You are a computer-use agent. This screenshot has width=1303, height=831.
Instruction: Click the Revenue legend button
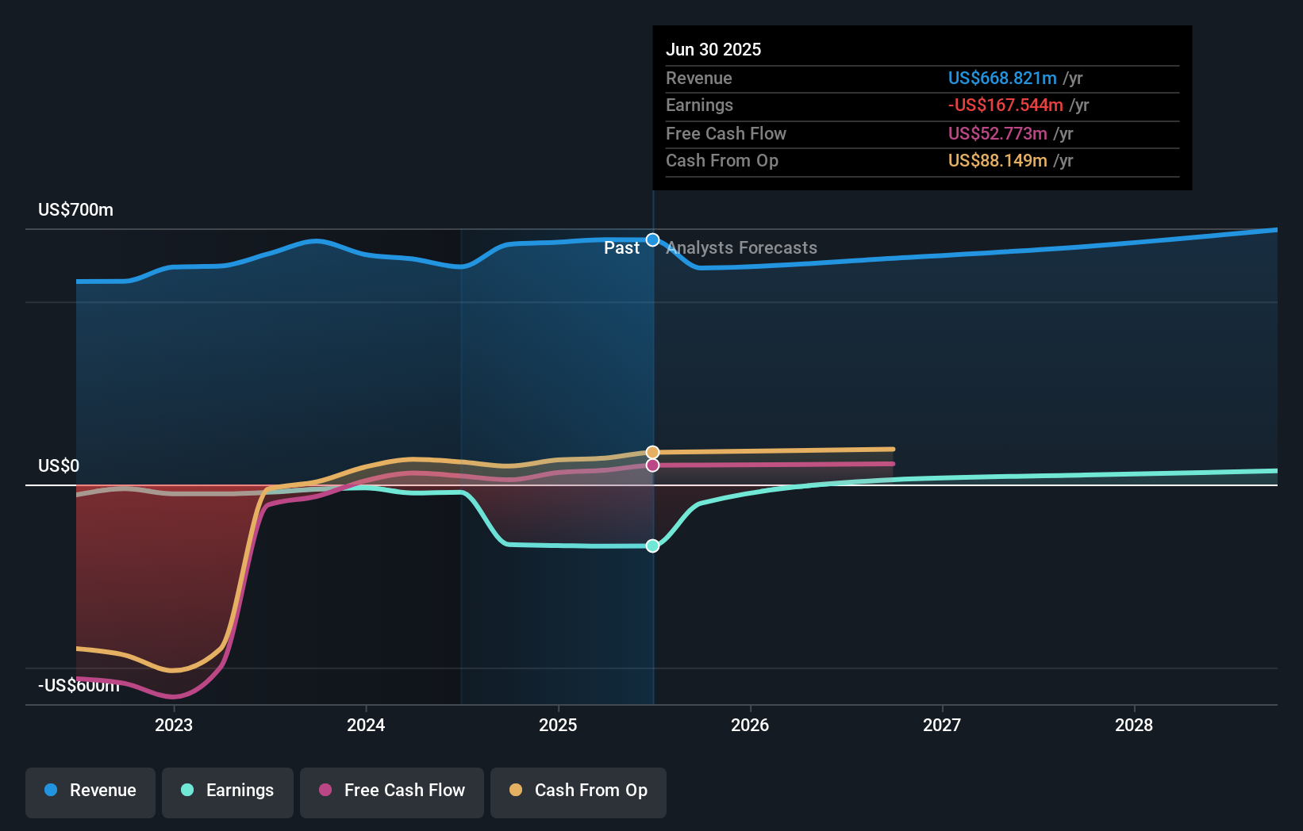(x=90, y=791)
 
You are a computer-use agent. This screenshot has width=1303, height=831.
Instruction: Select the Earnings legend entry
(x=228, y=791)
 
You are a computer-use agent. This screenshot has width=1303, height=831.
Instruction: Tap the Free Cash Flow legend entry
(x=392, y=791)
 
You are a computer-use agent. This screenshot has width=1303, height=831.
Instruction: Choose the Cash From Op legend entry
(x=578, y=791)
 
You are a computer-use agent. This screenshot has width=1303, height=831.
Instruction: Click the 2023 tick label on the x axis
(x=174, y=725)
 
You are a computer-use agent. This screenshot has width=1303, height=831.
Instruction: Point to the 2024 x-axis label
(x=366, y=725)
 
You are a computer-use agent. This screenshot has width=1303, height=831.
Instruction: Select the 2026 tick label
(x=750, y=725)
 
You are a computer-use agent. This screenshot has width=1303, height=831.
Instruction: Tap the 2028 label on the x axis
(x=1134, y=725)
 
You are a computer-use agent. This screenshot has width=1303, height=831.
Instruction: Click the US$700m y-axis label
(x=76, y=210)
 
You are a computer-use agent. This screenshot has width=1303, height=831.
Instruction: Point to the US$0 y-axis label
(x=59, y=466)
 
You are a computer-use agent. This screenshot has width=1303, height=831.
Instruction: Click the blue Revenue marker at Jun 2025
(x=652, y=239)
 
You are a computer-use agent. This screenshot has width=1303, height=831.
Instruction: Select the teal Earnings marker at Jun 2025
(x=652, y=546)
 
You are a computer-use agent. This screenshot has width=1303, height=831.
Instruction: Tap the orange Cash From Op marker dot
(x=652, y=452)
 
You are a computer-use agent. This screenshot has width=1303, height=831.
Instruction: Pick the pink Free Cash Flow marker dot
(x=652, y=465)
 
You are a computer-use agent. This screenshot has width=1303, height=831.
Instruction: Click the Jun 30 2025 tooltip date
(x=713, y=49)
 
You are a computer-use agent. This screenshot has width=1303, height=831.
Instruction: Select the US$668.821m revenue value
(x=1002, y=78)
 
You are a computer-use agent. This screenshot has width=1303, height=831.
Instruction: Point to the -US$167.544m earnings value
(x=1005, y=105)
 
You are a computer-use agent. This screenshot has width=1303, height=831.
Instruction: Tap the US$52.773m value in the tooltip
(x=997, y=133)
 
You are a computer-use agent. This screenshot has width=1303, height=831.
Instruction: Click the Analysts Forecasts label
(x=742, y=248)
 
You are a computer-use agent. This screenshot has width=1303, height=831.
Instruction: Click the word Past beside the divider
(x=621, y=248)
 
